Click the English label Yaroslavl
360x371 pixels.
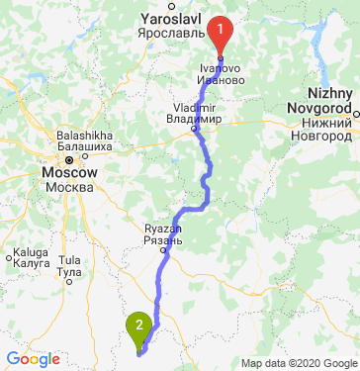[172, 19]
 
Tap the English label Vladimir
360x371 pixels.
[194, 106]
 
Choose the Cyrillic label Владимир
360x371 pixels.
[195, 118]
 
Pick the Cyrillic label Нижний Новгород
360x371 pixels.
[320, 124]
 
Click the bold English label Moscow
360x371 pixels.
[69, 171]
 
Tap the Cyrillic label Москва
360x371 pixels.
[69, 186]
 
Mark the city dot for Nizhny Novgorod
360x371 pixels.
[355, 113]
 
